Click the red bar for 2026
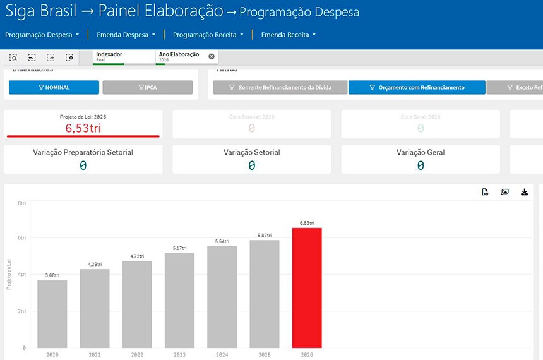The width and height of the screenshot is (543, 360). pos(307,287)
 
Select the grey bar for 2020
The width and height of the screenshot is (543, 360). pos(52,314)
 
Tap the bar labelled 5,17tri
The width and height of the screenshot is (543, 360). pos(179,300)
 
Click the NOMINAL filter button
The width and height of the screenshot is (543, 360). pos(54,87)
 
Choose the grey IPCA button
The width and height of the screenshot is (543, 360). pos(147,87)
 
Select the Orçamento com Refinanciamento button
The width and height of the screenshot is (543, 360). pos(417,87)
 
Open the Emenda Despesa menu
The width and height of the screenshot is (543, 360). pos(126,35)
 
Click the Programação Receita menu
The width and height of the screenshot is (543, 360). pos(208,35)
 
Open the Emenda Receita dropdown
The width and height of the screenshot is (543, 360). pos(288,35)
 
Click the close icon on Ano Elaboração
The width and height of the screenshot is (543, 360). pos(212,56)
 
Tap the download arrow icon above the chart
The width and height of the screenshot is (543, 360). pos(524,192)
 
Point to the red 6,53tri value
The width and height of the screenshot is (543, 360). pos(83,128)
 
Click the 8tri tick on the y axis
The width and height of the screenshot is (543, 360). pos(21,203)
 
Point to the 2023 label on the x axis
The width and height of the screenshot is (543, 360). pos(179,355)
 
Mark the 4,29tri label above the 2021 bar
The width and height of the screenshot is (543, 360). pos(95,264)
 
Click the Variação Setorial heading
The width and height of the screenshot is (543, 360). pos(251,152)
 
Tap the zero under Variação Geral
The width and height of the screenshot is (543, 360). pos(420,165)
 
